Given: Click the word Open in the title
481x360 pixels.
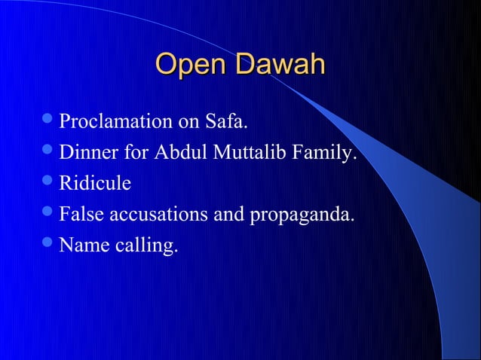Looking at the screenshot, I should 190,64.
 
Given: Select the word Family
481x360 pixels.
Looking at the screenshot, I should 325,153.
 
